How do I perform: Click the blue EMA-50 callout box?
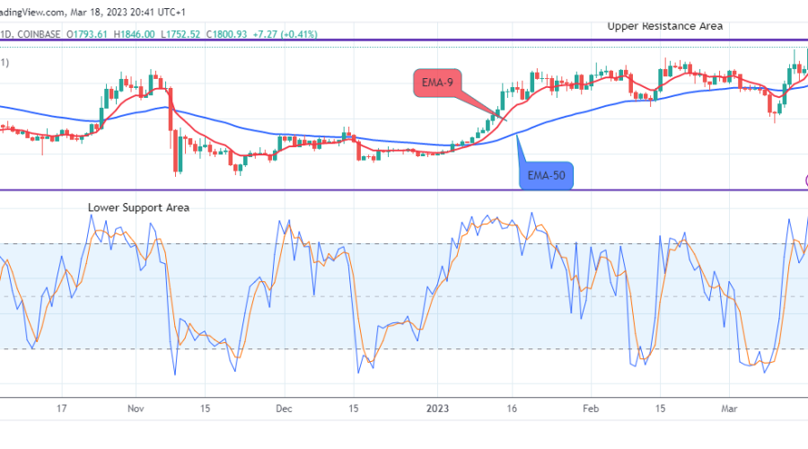tap(546, 175)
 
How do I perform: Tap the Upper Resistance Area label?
tap(665, 26)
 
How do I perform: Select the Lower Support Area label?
tap(138, 207)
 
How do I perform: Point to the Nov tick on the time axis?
tap(135, 407)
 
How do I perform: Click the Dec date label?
tap(283, 407)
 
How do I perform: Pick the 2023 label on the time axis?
tap(437, 407)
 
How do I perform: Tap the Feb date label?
tap(590, 407)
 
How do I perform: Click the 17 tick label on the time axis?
tap(62, 407)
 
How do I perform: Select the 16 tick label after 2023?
tap(513, 407)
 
